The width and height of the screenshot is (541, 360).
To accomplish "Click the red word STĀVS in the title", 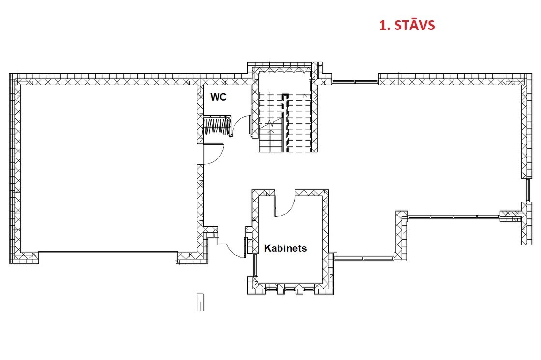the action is coord(414,25).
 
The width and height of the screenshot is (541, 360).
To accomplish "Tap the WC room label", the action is coord(219,97).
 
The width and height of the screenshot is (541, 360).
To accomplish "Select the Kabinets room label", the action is coord(285,248).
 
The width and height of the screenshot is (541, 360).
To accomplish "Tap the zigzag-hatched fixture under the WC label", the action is coord(216,126).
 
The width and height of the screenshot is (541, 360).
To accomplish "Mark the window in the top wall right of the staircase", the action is coord(355,82).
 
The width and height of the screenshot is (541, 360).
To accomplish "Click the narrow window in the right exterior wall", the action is coord(528,190).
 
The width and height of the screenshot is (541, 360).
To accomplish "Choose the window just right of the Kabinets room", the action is coord(364,258).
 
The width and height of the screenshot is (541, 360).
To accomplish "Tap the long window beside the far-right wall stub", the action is coord(453,216).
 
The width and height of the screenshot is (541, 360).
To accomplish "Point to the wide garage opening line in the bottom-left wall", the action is coord(108,252).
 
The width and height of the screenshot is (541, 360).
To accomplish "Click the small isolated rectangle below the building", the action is coord(200,302).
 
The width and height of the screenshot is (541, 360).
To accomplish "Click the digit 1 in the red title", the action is coord(382,26).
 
